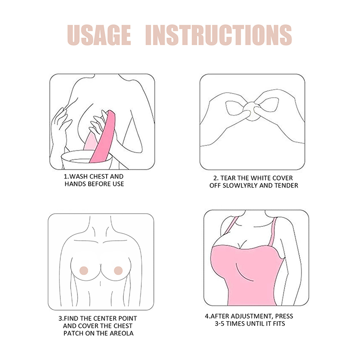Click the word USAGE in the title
[99, 35]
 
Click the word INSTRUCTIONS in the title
[219, 35]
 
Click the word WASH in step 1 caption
[79, 176]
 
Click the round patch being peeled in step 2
[252, 111]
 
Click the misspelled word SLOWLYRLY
[240, 185]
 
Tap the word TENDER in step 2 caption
[286, 185]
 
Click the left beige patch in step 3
[84, 271]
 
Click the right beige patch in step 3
[118, 271]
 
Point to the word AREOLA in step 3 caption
[121, 333]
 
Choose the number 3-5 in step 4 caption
[220, 324]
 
